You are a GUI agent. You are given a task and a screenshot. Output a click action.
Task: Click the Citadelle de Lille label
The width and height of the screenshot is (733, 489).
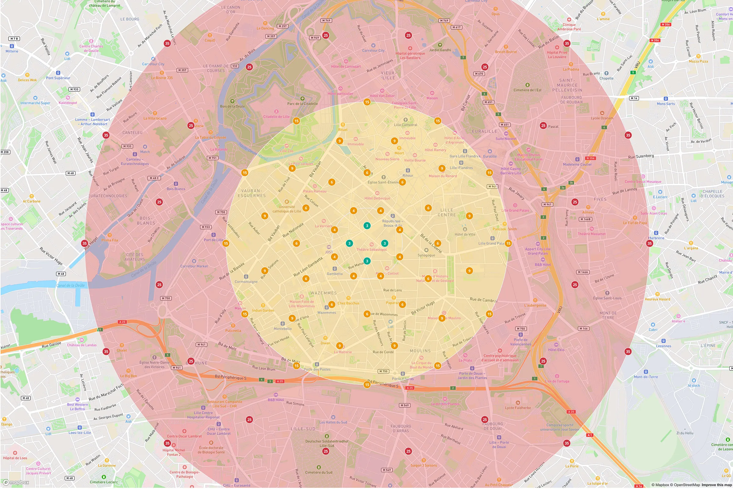click(276, 117)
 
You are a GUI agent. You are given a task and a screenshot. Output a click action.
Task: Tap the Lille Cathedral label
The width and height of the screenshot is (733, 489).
click(405, 125)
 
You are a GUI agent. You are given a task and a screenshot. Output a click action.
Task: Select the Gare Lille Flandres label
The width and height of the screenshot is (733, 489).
click(465, 156)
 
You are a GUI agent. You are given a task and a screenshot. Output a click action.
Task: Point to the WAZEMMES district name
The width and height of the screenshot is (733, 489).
click(323, 293)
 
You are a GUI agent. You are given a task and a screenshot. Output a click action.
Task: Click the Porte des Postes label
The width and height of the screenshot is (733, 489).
click(317, 369)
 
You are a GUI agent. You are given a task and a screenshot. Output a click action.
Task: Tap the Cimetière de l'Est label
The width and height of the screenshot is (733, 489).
click(527, 90)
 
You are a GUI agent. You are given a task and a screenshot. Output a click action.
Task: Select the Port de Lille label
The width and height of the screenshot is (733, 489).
click(213, 240)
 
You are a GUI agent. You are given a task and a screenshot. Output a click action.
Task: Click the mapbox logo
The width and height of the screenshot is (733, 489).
click(16, 483)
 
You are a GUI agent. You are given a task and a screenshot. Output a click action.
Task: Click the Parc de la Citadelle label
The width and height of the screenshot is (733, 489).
click(302, 104)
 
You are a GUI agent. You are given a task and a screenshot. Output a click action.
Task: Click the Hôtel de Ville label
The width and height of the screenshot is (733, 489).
click(465, 234)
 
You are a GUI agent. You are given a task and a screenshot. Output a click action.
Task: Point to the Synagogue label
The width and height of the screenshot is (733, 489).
click(426, 255)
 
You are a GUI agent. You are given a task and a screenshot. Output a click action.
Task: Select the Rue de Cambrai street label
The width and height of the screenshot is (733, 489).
click(483, 300)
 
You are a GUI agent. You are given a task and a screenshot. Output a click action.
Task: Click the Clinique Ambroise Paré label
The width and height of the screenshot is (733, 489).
click(569, 27)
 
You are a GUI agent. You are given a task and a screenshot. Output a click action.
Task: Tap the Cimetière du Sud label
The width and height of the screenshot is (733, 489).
click(319, 472)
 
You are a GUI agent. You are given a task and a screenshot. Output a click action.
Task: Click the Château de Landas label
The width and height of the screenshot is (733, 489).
click(82, 345)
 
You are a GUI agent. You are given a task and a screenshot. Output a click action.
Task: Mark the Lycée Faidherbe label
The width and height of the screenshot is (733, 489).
click(518, 408)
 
